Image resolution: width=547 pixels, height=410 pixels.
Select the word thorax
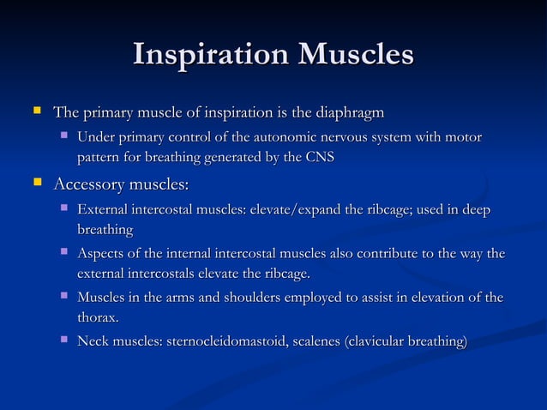tap(96, 317)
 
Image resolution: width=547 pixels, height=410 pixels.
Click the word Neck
tap(93, 342)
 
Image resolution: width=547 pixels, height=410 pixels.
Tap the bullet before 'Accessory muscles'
tap(36, 184)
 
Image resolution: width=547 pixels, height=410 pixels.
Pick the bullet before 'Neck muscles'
tap(63, 341)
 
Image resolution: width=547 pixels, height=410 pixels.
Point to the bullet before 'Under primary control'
tap(63, 136)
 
